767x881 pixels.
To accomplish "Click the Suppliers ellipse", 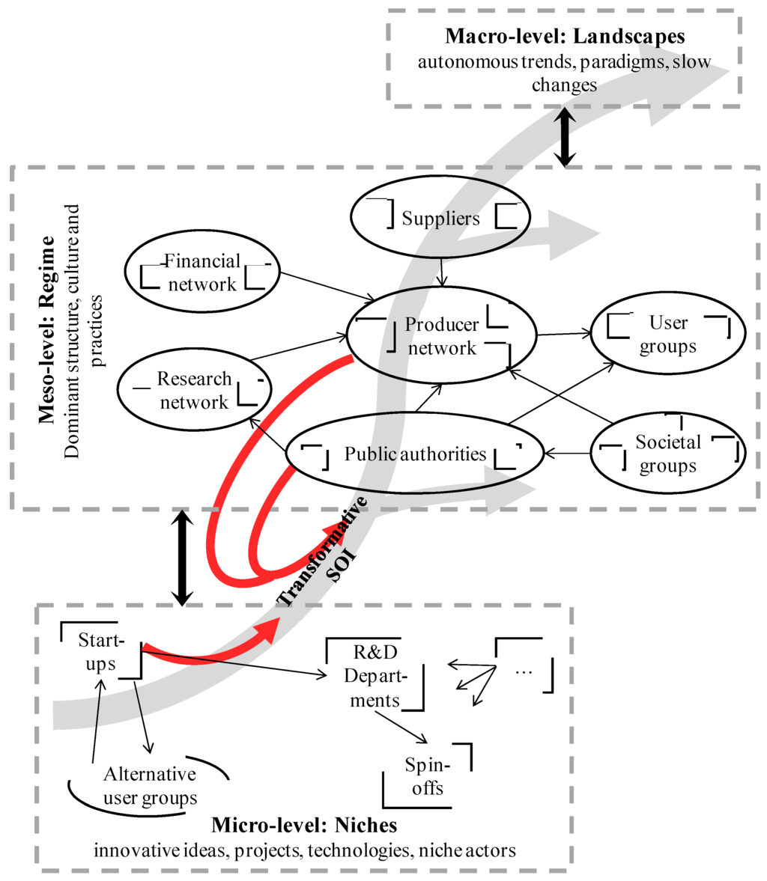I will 440,218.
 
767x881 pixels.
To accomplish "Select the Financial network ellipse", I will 201,272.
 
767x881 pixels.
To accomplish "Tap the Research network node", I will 194,391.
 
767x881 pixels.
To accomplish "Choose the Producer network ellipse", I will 441,336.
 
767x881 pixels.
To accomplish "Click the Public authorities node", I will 414,454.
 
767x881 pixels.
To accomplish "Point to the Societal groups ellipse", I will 667,454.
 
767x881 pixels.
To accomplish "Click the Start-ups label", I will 101,651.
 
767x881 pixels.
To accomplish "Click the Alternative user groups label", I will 150,785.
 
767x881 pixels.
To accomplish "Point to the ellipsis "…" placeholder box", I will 524,671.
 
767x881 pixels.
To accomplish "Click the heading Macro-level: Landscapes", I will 565,37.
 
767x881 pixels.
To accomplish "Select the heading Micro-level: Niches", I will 304,826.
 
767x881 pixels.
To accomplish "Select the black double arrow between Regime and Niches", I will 181,558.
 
